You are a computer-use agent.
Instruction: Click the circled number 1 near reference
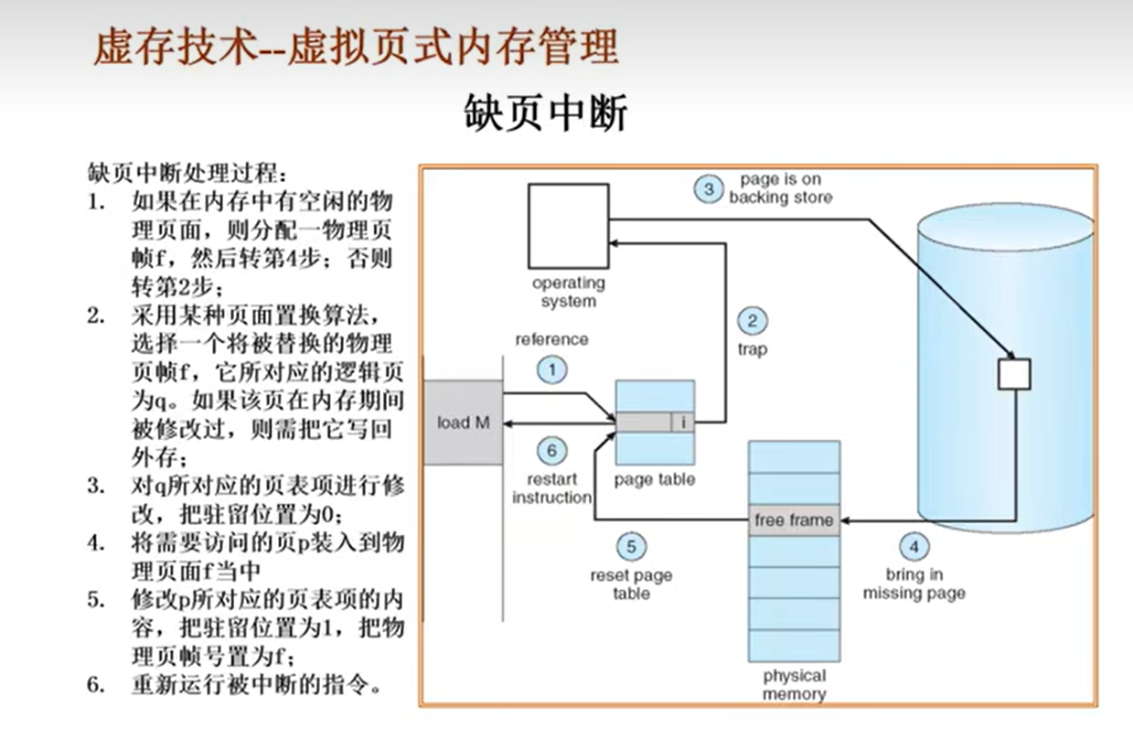(x=551, y=370)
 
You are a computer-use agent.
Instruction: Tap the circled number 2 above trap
(x=752, y=320)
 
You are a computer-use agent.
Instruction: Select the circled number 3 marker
(x=708, y=189)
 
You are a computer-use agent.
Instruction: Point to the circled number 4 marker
(x=913, y=547)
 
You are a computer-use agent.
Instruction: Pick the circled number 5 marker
(x=631, y=547)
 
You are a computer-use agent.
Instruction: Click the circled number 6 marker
(x=551, y=450)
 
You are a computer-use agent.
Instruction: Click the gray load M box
(x=464, y=422)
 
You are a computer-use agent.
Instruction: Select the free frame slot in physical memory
(x=793, y=520)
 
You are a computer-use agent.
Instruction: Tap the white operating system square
(x=568, y=226)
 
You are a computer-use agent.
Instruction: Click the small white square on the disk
(x=1014, y=373)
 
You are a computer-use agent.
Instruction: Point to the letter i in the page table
(x=684, y=423)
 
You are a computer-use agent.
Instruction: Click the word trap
(x=752, y=348)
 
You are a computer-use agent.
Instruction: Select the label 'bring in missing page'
(x=914, y=584)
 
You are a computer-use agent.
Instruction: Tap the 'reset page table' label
(x=631, y=584)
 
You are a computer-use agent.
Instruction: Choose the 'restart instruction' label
(x=551, y=488)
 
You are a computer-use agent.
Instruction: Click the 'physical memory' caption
(x=794, y=684)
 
